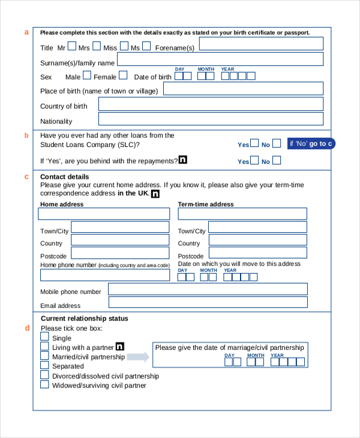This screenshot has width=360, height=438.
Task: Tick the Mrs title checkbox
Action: point(97,46)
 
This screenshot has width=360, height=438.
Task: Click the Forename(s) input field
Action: point(261,44)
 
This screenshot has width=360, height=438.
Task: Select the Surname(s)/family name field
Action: point(220,59)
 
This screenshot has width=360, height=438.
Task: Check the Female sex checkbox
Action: point(123,76)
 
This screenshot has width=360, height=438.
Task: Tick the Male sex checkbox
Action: point(87,76)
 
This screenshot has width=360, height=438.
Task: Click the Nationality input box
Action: point(211,120)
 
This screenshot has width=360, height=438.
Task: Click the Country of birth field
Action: point(211,104)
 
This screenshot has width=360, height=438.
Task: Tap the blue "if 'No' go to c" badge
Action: point(310,143)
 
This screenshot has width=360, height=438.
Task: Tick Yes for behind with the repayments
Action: point(255,160)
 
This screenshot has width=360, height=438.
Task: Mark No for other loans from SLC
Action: point(276,143)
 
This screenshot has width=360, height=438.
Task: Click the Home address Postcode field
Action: point(121,253)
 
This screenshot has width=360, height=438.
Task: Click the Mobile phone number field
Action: point(208,289)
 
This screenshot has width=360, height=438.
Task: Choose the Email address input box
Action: point(208,302)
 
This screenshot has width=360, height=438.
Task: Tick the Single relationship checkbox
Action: point(44,337)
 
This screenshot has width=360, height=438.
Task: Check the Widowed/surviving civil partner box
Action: point(44,384)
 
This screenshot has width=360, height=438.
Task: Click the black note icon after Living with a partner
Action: point(119,346)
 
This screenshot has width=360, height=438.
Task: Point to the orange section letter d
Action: point(26,328)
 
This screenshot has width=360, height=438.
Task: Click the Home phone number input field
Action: point(105,275)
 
